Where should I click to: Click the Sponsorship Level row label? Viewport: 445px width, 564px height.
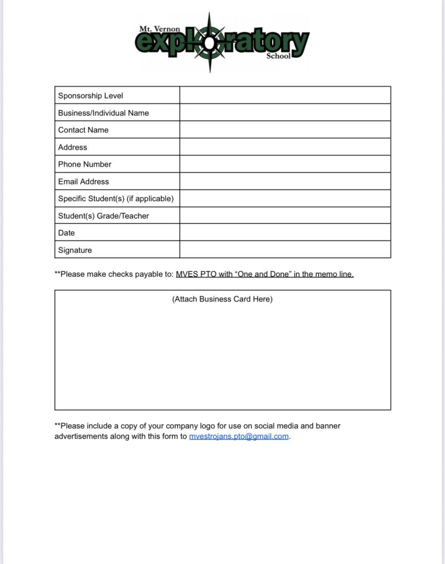click(x=91, y=96)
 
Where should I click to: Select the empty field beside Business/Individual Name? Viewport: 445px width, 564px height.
click(x=285, y=112)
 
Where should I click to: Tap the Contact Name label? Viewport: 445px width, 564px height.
click(x=83, y=130)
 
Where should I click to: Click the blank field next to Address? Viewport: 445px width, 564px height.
click(x=285, y=147)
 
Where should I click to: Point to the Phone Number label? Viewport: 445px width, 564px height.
click(x=85, y=165)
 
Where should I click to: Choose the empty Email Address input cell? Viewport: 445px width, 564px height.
click(x=285, y=181)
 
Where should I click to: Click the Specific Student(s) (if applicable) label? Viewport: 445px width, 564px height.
click(x=116, y=199)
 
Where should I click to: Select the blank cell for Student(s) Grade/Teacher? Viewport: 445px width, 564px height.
click(x=285, y=215)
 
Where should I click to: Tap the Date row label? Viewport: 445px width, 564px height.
click(x=66, y=233)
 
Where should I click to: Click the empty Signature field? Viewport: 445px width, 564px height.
click(x=285, y=250)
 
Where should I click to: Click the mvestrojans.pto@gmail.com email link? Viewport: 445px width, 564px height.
click(x=239, y=437)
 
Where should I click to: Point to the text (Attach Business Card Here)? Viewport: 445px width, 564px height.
click(x=222, y=299)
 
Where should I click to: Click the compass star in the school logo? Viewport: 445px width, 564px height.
click(x=210, y=42)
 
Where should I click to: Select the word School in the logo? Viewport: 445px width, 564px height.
click(x=279, y=56)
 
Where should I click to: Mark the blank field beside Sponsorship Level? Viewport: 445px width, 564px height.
click(x=285, y=95)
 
